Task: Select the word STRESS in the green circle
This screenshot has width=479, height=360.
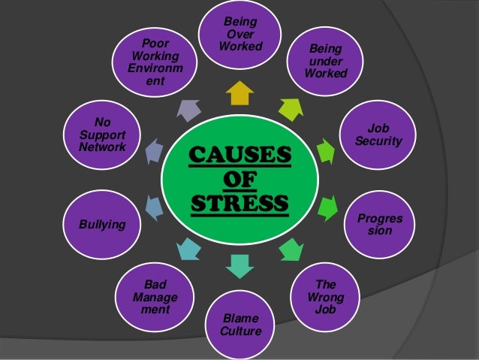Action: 239,203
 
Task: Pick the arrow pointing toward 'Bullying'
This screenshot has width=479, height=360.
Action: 152,205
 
